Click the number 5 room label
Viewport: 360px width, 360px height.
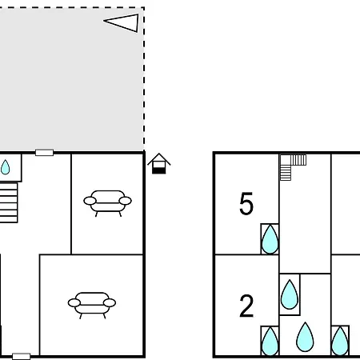[246, 203]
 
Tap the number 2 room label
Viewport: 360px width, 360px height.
[246, 306]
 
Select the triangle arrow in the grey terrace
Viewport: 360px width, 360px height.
[122, 23]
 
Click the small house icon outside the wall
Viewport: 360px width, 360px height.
[159, 163]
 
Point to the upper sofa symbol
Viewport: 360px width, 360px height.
[107, 202]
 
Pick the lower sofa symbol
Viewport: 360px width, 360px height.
[92, 305]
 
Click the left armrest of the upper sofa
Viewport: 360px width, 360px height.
[90, 201]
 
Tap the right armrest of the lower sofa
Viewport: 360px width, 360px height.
[110, 303]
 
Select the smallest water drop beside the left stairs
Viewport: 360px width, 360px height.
[5, 167]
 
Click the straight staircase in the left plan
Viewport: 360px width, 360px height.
[9, 202]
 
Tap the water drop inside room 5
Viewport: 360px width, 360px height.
[270, 239]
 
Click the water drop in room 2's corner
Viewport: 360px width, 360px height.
[270, 342]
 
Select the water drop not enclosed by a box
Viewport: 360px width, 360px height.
[305, 337]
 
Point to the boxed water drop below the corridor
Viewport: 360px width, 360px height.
[290, 294]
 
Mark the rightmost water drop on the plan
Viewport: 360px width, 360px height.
[340, 342]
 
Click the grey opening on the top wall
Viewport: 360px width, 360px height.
[44, 153]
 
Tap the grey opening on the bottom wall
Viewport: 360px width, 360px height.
[22, 356]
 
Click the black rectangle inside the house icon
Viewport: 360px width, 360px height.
[159, 170]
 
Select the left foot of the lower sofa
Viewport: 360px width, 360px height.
[80, 316]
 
